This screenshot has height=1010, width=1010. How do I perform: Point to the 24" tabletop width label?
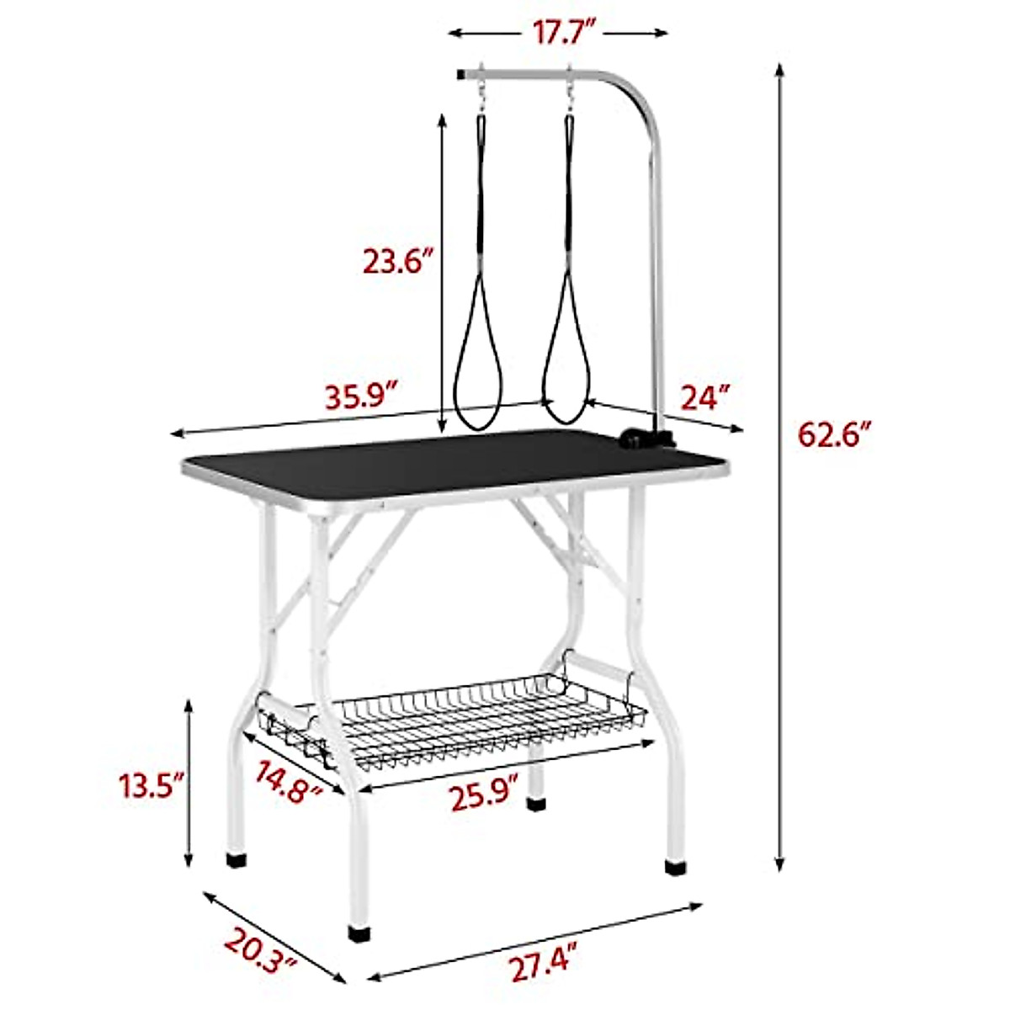tap(701, 396)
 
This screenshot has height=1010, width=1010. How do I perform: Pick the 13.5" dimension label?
tap(151, 788)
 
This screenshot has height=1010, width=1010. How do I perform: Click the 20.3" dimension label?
tap(262, 949)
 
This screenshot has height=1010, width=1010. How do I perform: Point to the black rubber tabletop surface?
tap(446, 463)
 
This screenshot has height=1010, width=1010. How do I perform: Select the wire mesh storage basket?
tap(454, 724)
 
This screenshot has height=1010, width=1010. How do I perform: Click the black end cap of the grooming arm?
tap(460, 75)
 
